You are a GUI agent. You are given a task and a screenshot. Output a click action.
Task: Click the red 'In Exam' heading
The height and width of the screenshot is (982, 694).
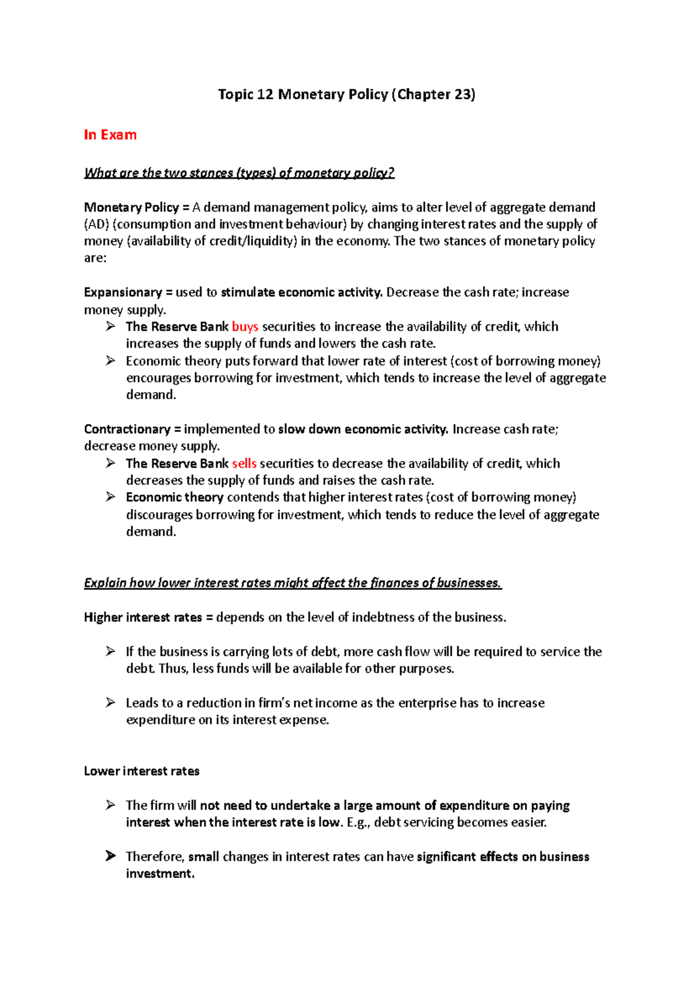(x=110, y=135)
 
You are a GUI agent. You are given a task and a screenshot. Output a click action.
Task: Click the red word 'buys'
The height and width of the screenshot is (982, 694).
(x=245, y=327)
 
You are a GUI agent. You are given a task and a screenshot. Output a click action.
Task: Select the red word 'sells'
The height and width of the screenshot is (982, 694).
(x=244, y=464)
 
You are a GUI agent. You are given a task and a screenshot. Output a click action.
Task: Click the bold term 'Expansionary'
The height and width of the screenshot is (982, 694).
(x=123, y=293)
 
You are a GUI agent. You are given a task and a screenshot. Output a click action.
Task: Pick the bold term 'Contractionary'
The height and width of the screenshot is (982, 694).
(x=127, y=429)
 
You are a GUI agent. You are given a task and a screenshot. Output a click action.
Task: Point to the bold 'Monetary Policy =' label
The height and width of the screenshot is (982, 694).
(x=136, y=208)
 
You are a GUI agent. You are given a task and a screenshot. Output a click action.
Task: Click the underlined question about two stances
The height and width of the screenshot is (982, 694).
(x=239, y=173)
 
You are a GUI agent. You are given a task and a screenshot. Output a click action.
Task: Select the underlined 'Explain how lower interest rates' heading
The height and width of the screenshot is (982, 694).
(x=293, y=583)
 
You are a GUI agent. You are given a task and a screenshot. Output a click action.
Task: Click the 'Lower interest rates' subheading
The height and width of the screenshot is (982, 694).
(x=142, y=771)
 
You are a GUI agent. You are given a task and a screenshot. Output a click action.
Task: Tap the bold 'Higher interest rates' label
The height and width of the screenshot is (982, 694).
(x=143, y=618)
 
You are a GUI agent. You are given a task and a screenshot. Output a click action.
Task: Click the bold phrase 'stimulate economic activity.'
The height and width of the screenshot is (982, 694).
(x=301, y=293)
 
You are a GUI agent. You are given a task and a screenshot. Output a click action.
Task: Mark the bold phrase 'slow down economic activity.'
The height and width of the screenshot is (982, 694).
(x=363, y=429)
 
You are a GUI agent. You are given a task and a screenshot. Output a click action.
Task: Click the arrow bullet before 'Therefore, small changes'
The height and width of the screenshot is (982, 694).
(x=110, y=856)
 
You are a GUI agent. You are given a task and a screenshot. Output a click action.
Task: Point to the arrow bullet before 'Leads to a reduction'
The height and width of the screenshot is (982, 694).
(x=110, y=703)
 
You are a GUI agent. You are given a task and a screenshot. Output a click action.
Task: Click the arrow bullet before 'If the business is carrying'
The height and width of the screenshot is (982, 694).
(x=110, y=651)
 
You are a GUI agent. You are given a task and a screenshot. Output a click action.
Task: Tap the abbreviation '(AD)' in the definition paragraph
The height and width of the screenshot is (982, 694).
(x=96, y=224)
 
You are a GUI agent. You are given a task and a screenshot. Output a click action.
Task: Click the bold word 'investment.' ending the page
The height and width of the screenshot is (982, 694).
(x=160, y=874)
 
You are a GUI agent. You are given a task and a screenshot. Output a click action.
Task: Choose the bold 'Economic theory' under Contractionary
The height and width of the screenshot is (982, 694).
(x=175, y=497)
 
